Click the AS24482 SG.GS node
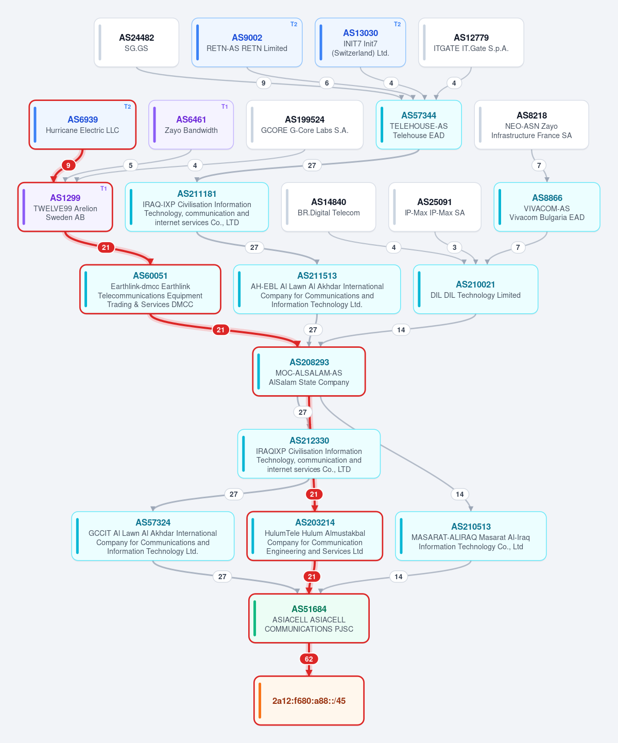click(136, 42)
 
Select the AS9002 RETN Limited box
click(247, 42)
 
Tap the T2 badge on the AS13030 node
click(397, 24)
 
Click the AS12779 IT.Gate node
click(471, 42)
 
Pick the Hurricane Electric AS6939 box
click(82, 125)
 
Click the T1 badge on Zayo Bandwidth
click(225, 106)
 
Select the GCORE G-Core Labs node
click(304, 125)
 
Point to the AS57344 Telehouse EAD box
click(419, 125)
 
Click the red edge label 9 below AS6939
click(68, 165)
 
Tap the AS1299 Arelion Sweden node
click(65, 207)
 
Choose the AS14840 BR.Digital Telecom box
click(329, 207)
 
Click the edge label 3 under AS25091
click(454, 247)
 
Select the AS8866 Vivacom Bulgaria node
click(547, 207)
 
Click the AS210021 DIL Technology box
click(475, 289)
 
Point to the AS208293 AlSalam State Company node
click(309, 371)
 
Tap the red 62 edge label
click(309, 659)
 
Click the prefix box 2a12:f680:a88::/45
click(309, 701)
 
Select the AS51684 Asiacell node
click(309, 618)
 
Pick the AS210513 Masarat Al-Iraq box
click(471, 536)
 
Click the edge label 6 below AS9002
click(327, 83)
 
